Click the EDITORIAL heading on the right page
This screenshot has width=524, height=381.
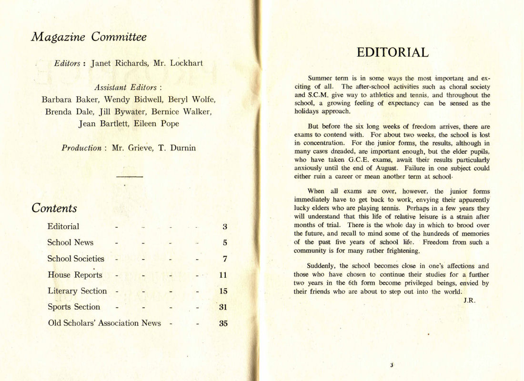[x=393, y=52]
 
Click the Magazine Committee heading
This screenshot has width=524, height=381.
[x=89, y=37]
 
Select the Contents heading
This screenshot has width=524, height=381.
[x=54, y=208]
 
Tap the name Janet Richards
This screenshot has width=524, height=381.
[x=121, y=62]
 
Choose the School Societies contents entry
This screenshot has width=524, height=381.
[x=76, y=259]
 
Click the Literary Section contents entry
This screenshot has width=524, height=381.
[x=77, y=291]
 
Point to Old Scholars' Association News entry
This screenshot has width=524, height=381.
[x=104, y=323]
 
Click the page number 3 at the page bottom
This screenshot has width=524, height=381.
[x=391, y=365]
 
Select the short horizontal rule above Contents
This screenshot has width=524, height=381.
[x=129, y=177]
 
